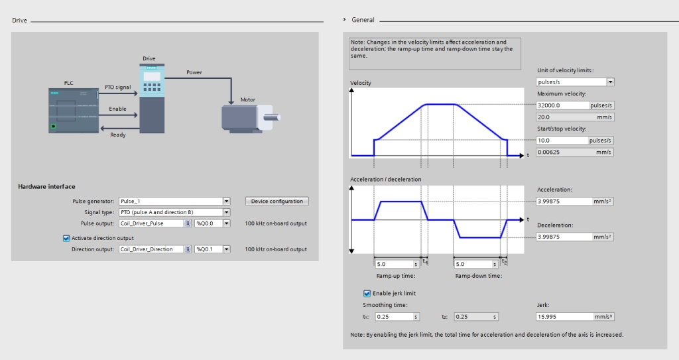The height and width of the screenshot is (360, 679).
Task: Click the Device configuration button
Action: [x=277, y=201]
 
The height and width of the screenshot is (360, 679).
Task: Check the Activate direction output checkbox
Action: [x=66, y=238]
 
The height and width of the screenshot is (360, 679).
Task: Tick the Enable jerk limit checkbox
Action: [x=367, y=293]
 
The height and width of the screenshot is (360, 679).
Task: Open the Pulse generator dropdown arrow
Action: [x=227, y=201]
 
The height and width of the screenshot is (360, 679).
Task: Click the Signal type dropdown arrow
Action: [x=227, y=212]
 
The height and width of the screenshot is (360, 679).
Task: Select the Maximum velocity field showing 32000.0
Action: [x=562, y=105]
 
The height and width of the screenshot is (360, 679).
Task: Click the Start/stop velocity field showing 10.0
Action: [x=562, y=141]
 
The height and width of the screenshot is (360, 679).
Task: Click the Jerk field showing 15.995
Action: [x=565, y=317]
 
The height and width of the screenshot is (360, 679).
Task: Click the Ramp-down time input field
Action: [x=473, y=264]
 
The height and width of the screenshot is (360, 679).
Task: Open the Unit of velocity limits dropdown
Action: [x=575, y=82]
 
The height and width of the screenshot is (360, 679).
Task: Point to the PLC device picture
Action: [x=74, y=111]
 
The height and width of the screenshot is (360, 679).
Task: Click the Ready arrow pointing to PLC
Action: [x=119, y=128]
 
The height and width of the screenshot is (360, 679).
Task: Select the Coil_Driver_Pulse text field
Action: [x=152, y=223]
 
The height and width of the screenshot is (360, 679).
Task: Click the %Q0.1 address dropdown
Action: [x=212, y=249]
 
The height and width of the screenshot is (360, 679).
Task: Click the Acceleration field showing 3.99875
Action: [x=564, y=201]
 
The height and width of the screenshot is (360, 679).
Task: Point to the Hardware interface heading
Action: [x=47, y=187]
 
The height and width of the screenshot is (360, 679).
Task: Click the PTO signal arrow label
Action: [x=118, y=87]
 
